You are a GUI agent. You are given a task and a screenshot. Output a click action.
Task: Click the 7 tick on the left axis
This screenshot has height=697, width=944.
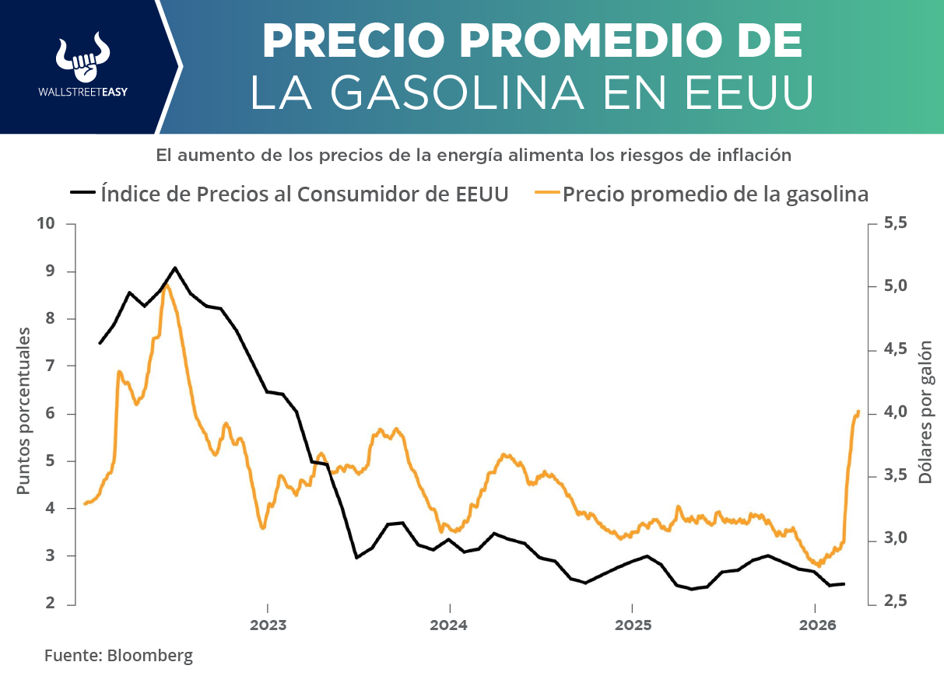pos(51,366)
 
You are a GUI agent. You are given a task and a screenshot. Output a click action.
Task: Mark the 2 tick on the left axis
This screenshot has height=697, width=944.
pos(51,604)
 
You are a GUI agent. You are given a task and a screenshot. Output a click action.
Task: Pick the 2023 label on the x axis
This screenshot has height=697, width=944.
pos(267,625)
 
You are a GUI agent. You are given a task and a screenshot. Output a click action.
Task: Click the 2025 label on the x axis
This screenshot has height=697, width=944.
pos(632,625)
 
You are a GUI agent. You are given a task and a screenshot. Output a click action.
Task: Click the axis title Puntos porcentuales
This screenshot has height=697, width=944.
pos(24,411)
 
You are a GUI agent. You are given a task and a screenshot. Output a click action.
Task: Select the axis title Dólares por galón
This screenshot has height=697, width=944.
pos(925,411)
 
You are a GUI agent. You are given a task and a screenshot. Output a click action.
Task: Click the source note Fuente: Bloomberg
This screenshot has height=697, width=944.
pos(118,655)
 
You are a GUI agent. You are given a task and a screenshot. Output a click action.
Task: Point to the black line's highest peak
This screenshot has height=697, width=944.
pos(175,268)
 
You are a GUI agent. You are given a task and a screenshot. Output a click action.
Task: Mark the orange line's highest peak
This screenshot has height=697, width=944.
pos(166,285)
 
